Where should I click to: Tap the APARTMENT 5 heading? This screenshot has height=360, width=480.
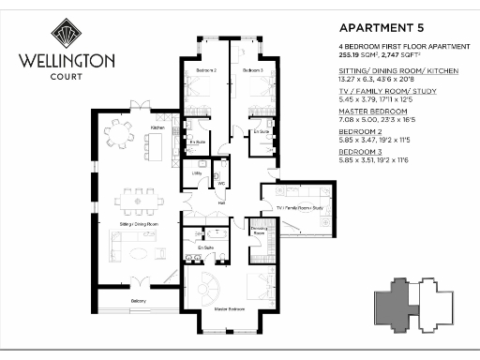point(371,27)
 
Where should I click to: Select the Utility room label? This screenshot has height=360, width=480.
point(198,173)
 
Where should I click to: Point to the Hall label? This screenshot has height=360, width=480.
point(221,201)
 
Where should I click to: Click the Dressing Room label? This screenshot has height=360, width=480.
point(259,231)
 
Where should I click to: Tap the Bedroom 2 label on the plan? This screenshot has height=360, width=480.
point(206,71)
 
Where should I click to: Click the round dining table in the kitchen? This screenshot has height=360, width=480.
point(119,134)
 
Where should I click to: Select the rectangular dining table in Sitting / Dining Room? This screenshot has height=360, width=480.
point(142,198)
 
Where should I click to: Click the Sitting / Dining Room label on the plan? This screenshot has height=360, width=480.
point(139,226)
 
